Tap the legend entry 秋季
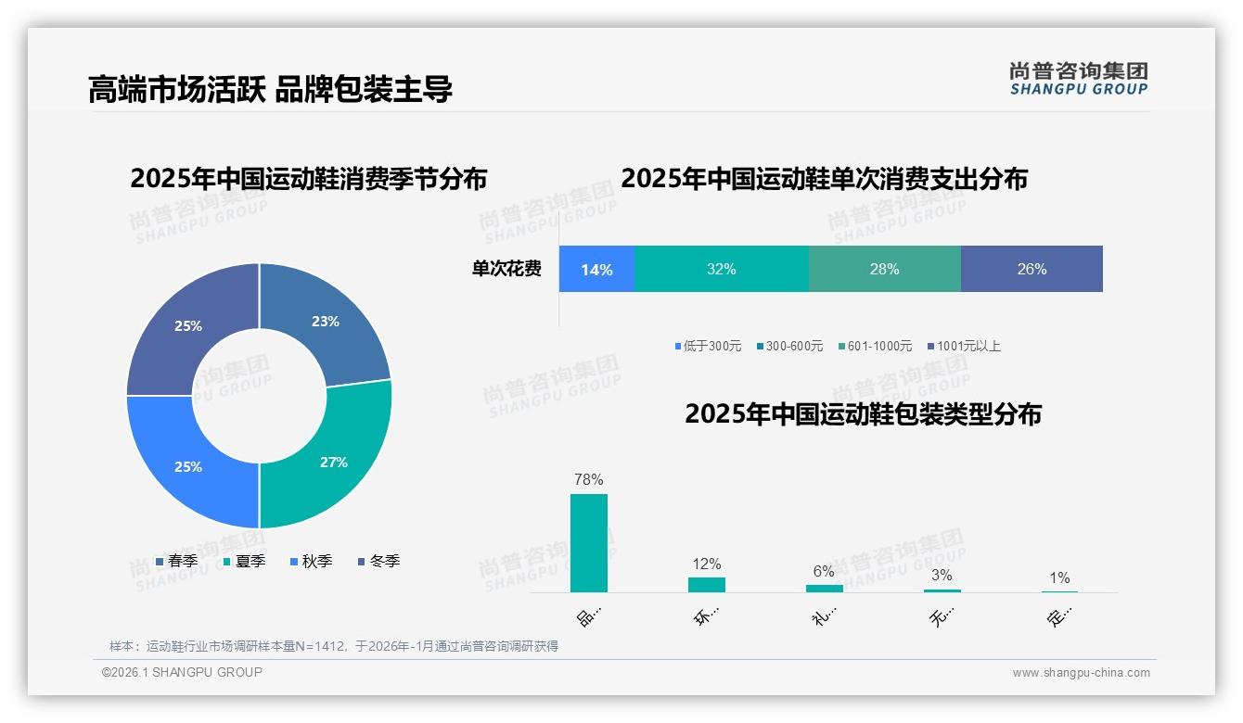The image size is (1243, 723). (x=311, y=561)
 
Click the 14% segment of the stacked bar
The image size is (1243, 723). (x=596, y=269)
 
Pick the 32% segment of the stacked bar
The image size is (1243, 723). (x=721, y=269)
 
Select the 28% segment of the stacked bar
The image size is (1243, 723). (x=884, y=269)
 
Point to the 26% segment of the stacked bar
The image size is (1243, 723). (x=1032, y=269)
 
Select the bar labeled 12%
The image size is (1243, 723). (x=707, y=585)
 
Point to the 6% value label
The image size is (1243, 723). (x=824, y=572)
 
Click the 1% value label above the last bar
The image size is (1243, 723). (x=1059, y=577)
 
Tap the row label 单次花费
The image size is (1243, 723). (x=506, y=269)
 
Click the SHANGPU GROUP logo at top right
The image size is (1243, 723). (x=1078, y=79)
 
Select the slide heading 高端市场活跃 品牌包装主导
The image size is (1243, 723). (x=270, y=90)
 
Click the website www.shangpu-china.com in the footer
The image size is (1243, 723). (x=1081, y=673)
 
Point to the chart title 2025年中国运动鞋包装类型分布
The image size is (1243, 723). (x=863, y=413)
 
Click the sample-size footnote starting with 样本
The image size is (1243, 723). (x=334, y=646)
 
